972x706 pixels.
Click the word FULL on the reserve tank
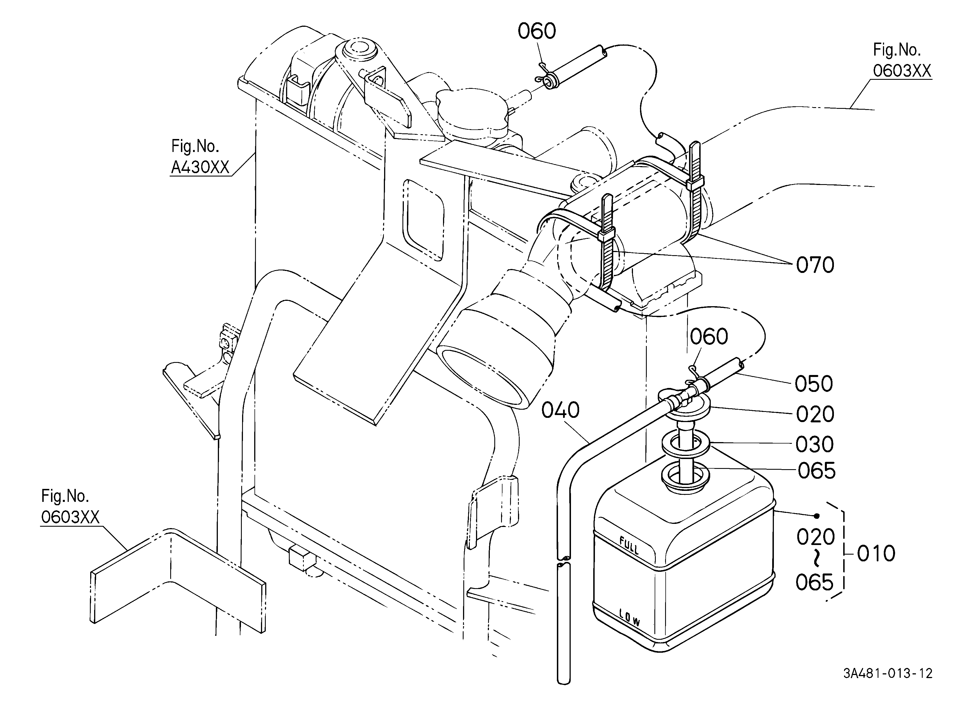[629, 545]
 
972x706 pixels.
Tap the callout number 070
[815, 265]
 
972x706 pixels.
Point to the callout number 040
[560, 410]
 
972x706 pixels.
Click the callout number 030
[814, 445]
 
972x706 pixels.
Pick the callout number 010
[876, 553]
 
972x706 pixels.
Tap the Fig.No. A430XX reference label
[200, 157]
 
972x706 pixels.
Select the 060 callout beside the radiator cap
[537, 31]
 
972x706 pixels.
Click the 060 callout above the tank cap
[709, 336]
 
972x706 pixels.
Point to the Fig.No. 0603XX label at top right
[902, 60]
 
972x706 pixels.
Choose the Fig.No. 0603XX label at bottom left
[70, 507]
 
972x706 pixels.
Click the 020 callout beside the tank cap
[815, 414]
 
